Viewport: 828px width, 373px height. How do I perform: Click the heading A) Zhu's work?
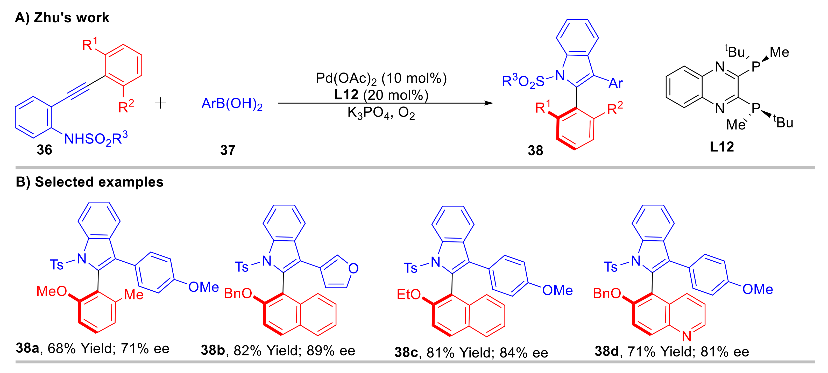(62, 18)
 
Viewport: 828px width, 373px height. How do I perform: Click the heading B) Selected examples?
(90, 182)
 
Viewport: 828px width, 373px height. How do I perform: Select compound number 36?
(44, 150)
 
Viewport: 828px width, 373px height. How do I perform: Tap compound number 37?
(228, 150)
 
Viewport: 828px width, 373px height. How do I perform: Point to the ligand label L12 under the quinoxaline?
(721, 147)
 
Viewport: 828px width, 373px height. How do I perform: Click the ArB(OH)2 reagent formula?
(232, 104)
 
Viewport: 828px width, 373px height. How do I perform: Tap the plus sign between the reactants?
(160, 103)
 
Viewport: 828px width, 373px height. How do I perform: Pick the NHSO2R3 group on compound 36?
(96, 139)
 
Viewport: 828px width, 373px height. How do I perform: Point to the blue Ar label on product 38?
(615, 83)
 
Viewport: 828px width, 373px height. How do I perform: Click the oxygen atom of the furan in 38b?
(353, 269)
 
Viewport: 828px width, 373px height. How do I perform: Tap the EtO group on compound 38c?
(408, 294)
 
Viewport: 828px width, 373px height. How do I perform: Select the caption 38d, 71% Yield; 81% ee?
(671, 352)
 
